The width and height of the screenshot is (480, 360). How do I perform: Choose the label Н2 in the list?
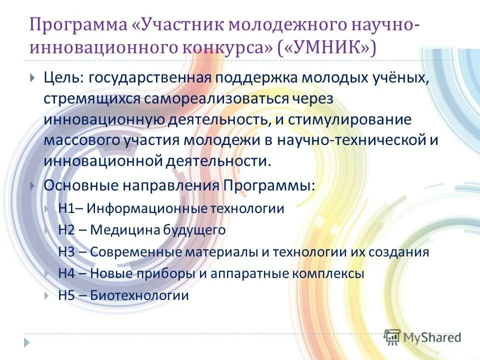pos(66,230)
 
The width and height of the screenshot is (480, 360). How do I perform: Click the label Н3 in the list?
pos(66,252)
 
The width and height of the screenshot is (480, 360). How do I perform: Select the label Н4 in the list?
pos(66,273)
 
